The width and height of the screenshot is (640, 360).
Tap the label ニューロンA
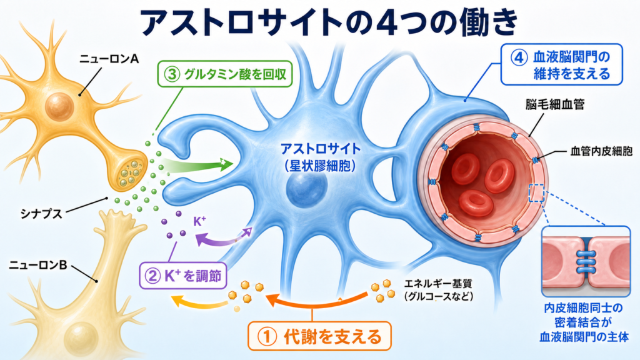109,59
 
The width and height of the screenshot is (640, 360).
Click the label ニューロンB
38,265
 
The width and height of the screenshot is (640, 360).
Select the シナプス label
41,214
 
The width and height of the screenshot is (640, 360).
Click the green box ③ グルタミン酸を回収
225,74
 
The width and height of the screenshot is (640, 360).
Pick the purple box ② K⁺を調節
183,276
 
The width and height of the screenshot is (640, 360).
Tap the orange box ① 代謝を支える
319,336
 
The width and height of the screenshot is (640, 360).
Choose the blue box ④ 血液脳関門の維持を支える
562,64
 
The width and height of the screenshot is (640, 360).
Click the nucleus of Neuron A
59,106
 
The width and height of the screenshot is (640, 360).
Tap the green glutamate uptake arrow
199,166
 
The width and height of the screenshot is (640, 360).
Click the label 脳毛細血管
555,104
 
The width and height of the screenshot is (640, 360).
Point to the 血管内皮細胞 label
601,152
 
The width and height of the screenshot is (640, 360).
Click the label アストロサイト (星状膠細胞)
321,157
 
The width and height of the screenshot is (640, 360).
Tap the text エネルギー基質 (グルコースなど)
439,290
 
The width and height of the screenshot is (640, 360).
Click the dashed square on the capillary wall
536,193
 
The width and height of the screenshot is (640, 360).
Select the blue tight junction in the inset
586,262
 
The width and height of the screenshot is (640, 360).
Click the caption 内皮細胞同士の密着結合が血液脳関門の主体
584,322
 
